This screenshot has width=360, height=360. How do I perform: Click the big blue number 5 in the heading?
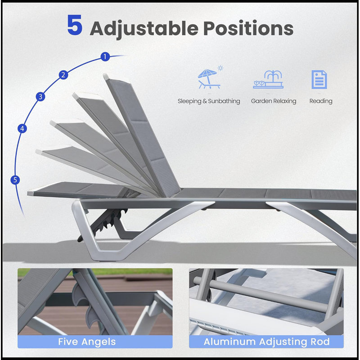(x=75, y=25)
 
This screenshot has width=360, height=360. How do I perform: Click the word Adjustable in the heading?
(x=144, y=29)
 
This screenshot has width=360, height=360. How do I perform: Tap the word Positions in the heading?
(x=248, y=28)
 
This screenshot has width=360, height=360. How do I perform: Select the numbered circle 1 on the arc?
(x=105, y=57)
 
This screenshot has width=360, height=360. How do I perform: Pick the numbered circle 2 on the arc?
(x=63, y=75)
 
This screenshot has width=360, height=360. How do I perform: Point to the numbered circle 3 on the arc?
(x=40, y=97)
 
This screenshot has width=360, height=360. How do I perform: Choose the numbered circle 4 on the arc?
(x=22, y=129)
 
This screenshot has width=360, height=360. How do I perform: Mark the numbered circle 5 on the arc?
(x=15, y=180)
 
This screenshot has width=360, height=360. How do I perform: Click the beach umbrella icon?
(x=209, y=78)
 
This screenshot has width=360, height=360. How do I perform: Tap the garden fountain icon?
(x=268, y=79)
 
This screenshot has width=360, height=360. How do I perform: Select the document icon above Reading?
(x=319, y=80)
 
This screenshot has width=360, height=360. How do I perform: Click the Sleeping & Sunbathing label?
(x=209, y=101)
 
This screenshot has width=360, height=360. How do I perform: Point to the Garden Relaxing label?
(x=274, y=101)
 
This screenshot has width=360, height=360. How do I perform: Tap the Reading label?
(x=321, y=101)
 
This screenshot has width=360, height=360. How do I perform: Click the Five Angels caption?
(x=87, y=342)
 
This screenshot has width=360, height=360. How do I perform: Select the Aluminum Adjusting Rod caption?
(x=266, y=342)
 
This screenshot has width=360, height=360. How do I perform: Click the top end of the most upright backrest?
(x=106, y=76)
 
